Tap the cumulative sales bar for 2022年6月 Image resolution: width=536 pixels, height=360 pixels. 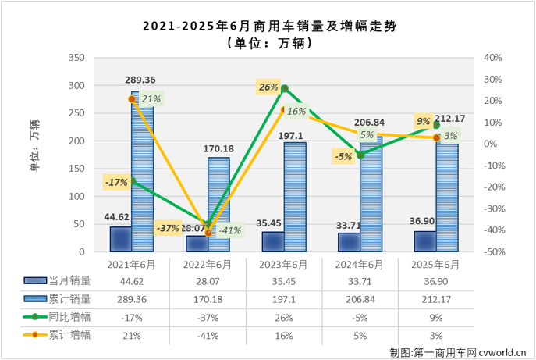click(218, 205)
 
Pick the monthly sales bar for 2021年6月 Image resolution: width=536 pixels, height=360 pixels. click(120, 239)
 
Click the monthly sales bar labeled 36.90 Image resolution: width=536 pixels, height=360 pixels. click(425, 241)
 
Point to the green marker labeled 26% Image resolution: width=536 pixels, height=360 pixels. click(285, 89)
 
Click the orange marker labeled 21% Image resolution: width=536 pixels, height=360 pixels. click(132, 99)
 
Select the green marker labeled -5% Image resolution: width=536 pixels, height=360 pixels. click(360, 155)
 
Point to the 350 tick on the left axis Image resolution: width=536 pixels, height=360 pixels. click(77, 58)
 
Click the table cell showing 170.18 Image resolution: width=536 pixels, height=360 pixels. click(208, 299)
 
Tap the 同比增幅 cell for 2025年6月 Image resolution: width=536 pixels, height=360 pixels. click(436, 317)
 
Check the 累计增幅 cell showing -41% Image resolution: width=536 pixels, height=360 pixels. click(208, 335)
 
